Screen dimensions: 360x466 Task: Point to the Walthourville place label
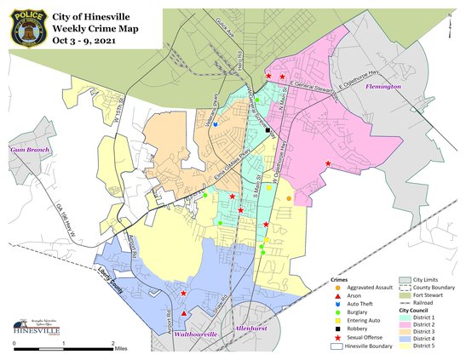click(198, 334)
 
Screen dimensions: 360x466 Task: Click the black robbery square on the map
click(268, 130)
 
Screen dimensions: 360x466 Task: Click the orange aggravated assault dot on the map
click(289, 198)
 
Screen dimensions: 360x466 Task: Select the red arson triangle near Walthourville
click(184, 313)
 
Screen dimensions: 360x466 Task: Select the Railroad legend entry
click(434, 304)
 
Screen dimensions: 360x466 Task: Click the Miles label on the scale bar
click(123, 348)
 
